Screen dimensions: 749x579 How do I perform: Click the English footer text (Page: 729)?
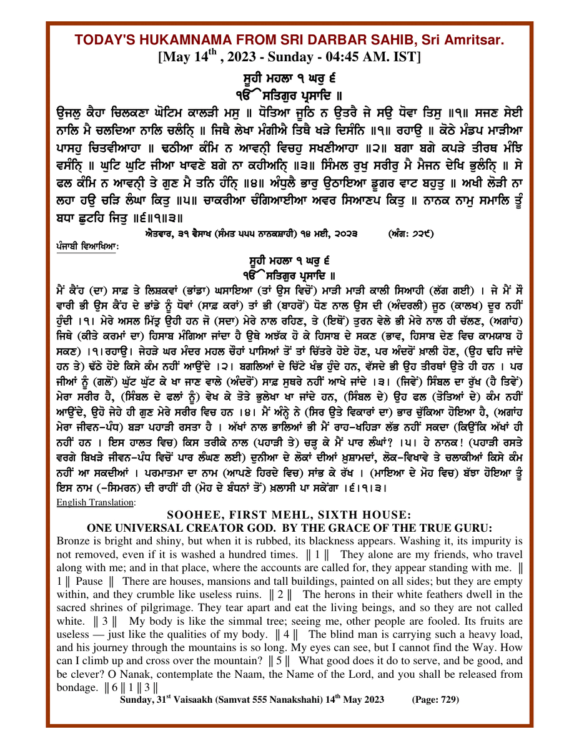(435, 699)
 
